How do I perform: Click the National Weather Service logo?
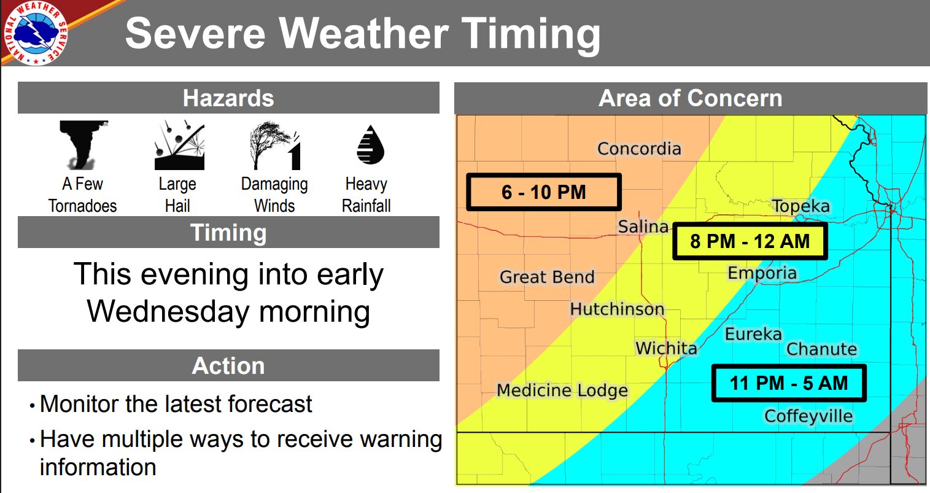tap(36, 33)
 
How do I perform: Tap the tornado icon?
tap(83, 144)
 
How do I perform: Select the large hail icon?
tap(179, 146)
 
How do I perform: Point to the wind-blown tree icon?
tap(275, 146)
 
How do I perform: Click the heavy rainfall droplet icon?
tap(370, 144)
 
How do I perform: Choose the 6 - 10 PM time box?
tap(544, 192)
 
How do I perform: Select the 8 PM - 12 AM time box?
tap(750, 241)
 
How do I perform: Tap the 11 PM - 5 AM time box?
tap(789, 383)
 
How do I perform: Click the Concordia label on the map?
tap(640, 149)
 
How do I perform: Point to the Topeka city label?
tap(801, 206)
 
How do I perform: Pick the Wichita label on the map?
tap(667, 348)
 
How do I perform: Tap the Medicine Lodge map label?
tap(562, 390)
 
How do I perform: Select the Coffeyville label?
tap(809, 416)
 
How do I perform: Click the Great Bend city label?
tap(547, 277)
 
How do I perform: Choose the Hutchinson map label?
tap(618, 309)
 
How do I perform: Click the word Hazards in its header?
tap(228, 98)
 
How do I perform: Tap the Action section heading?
tap(228, 365)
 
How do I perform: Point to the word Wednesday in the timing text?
tap(168, 311)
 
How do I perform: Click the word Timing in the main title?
tap(531, 34)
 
